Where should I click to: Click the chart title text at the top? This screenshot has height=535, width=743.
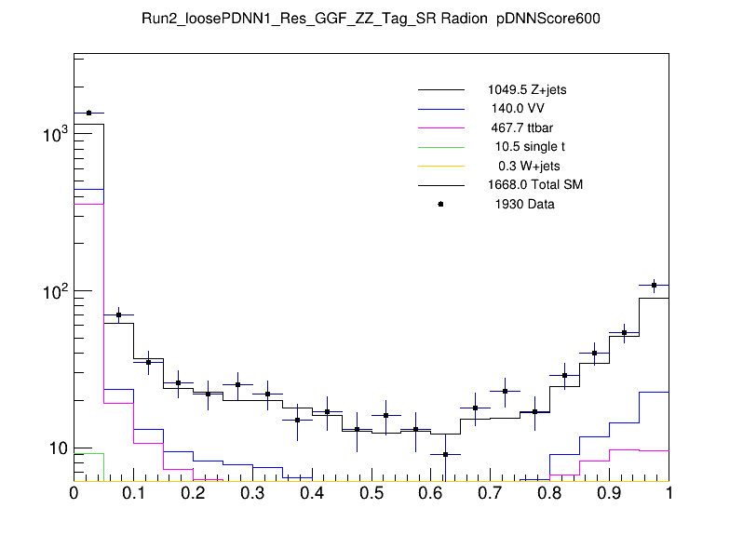[x=371, y=20]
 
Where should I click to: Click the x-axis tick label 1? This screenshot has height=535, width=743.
[x=669, y=493]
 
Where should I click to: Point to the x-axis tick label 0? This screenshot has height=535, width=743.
[x=74, y=493]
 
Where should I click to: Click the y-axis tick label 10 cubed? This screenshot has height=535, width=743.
[x=53, y=135]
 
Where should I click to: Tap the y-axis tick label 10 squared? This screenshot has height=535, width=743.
[x=53, y=291]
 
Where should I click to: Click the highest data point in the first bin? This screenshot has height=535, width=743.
[x=88, y=113]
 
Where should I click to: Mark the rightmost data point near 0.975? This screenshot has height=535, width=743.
[x=655, y=285]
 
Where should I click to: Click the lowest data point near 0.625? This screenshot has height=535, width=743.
[x=446, y=454]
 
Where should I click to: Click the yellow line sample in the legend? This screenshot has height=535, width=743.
[x=440, y=166]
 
